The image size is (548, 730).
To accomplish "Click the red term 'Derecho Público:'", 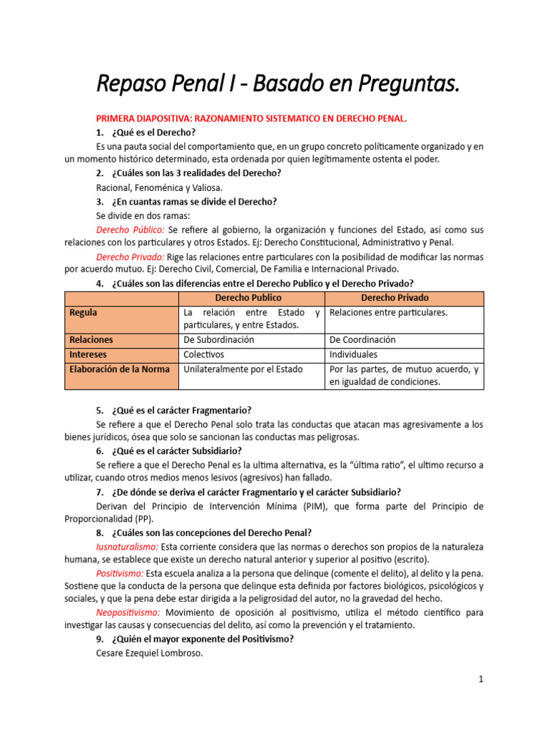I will [131, 230].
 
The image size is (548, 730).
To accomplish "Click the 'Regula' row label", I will [83, 312].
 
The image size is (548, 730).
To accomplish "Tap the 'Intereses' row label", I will [88, 354].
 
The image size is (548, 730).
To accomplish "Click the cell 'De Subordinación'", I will [218, 340].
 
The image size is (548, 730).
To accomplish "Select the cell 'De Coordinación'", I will [362, 340].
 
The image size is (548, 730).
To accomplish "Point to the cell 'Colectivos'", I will [203, 354].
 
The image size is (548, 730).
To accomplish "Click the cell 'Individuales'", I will [353, 354].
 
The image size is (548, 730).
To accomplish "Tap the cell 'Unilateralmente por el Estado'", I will [243, 369].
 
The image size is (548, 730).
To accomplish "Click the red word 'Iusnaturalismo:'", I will [127, 547].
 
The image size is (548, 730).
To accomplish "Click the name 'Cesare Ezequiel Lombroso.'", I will [150, 652].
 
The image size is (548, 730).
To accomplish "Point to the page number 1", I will [481, 679].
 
